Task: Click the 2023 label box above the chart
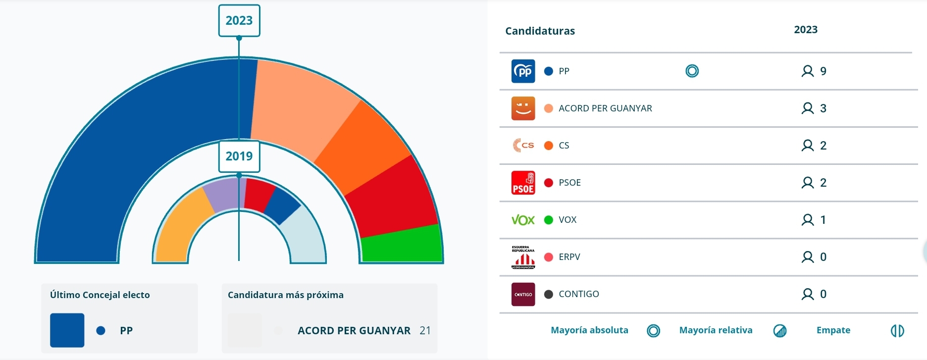(x=239, y=21)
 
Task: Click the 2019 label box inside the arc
(x=239, y=156)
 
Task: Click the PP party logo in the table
(x=523, y=71)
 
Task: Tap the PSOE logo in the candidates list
(x=523, y=183)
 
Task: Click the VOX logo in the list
(x=523, y=220)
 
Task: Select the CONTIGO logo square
(x=523, y=294)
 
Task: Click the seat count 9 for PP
(x=823, y=71)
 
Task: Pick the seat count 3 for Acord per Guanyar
(x=823, y=108)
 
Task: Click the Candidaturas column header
(x=540, y=31)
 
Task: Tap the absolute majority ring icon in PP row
(x=692, y=71)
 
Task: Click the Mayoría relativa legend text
(x=716, y=330)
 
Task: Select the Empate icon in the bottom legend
(x=897, y=330)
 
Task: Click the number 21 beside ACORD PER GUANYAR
(x=425, y=331)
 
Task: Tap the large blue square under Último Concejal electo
(x=67, y=330)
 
